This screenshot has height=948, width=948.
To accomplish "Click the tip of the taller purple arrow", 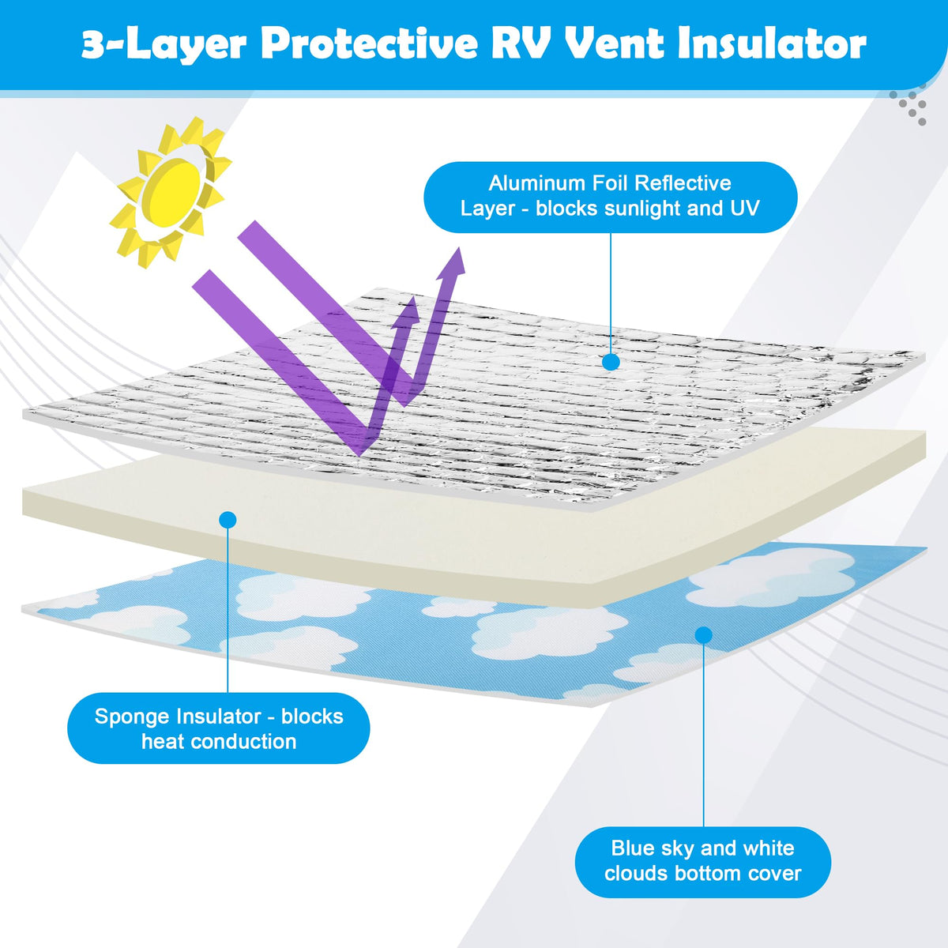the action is [x=458, y=247].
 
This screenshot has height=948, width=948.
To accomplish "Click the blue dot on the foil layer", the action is [x=611, y=362].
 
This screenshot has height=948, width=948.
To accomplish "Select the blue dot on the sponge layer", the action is [x=228, y=520].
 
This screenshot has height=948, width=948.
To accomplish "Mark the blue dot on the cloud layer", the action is [x=703, y=635].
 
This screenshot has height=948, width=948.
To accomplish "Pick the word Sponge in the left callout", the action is [x=129, y=717].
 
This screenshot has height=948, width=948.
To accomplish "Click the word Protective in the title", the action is [x=369, y=45].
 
